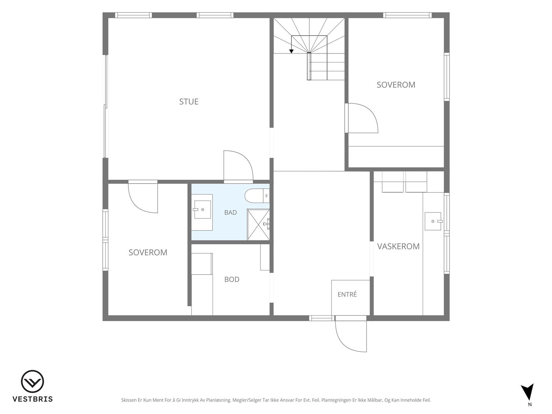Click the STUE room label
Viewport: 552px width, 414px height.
(189, 101)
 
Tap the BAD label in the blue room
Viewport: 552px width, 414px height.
(230, 213)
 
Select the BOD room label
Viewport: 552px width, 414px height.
(231, 279)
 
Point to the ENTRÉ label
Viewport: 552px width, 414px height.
(347, 294)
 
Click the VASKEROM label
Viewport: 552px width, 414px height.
(398, 246)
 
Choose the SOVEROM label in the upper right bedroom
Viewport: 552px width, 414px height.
(396, 85)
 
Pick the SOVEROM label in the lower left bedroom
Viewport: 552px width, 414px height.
(148, 253)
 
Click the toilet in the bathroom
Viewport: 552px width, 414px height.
(257, 196)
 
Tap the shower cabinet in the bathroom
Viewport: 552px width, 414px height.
(258, 225)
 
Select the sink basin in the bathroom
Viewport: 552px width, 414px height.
(203, 210)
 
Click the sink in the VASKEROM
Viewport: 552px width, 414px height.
(433, 221)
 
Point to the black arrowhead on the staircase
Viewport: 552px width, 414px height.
(291, 51)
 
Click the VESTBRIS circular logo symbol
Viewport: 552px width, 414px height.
(32, 382)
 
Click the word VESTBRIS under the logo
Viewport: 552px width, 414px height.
(32, 399)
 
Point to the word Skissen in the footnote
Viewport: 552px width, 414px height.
(129, 400)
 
